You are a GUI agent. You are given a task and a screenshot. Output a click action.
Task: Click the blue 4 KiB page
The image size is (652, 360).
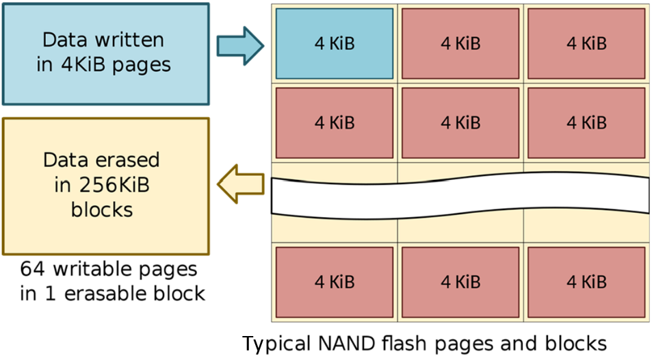point(335,43)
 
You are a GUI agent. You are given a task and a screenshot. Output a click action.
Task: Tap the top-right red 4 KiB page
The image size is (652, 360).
point(586,43)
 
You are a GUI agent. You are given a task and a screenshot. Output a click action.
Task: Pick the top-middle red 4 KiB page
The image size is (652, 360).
point(460,43)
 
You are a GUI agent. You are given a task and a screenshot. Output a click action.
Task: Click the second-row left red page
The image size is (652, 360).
point(335,123)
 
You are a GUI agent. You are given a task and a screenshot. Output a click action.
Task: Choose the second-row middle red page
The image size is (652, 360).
point(460,123)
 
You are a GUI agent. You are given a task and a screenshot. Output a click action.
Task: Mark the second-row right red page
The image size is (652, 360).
point(586,123)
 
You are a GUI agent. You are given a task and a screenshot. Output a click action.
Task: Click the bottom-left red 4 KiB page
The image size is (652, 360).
point(335,281)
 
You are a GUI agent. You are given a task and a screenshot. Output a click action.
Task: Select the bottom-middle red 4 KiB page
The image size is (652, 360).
point(460,281)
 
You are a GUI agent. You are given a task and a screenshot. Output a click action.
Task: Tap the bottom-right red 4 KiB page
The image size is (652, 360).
point(586,281)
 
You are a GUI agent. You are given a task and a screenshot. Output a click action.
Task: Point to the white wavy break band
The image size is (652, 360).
point(460,194)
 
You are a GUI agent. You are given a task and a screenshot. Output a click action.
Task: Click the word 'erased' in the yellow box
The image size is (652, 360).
point(129,160)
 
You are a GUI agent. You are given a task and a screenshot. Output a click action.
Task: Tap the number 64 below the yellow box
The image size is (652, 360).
point(31,269)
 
